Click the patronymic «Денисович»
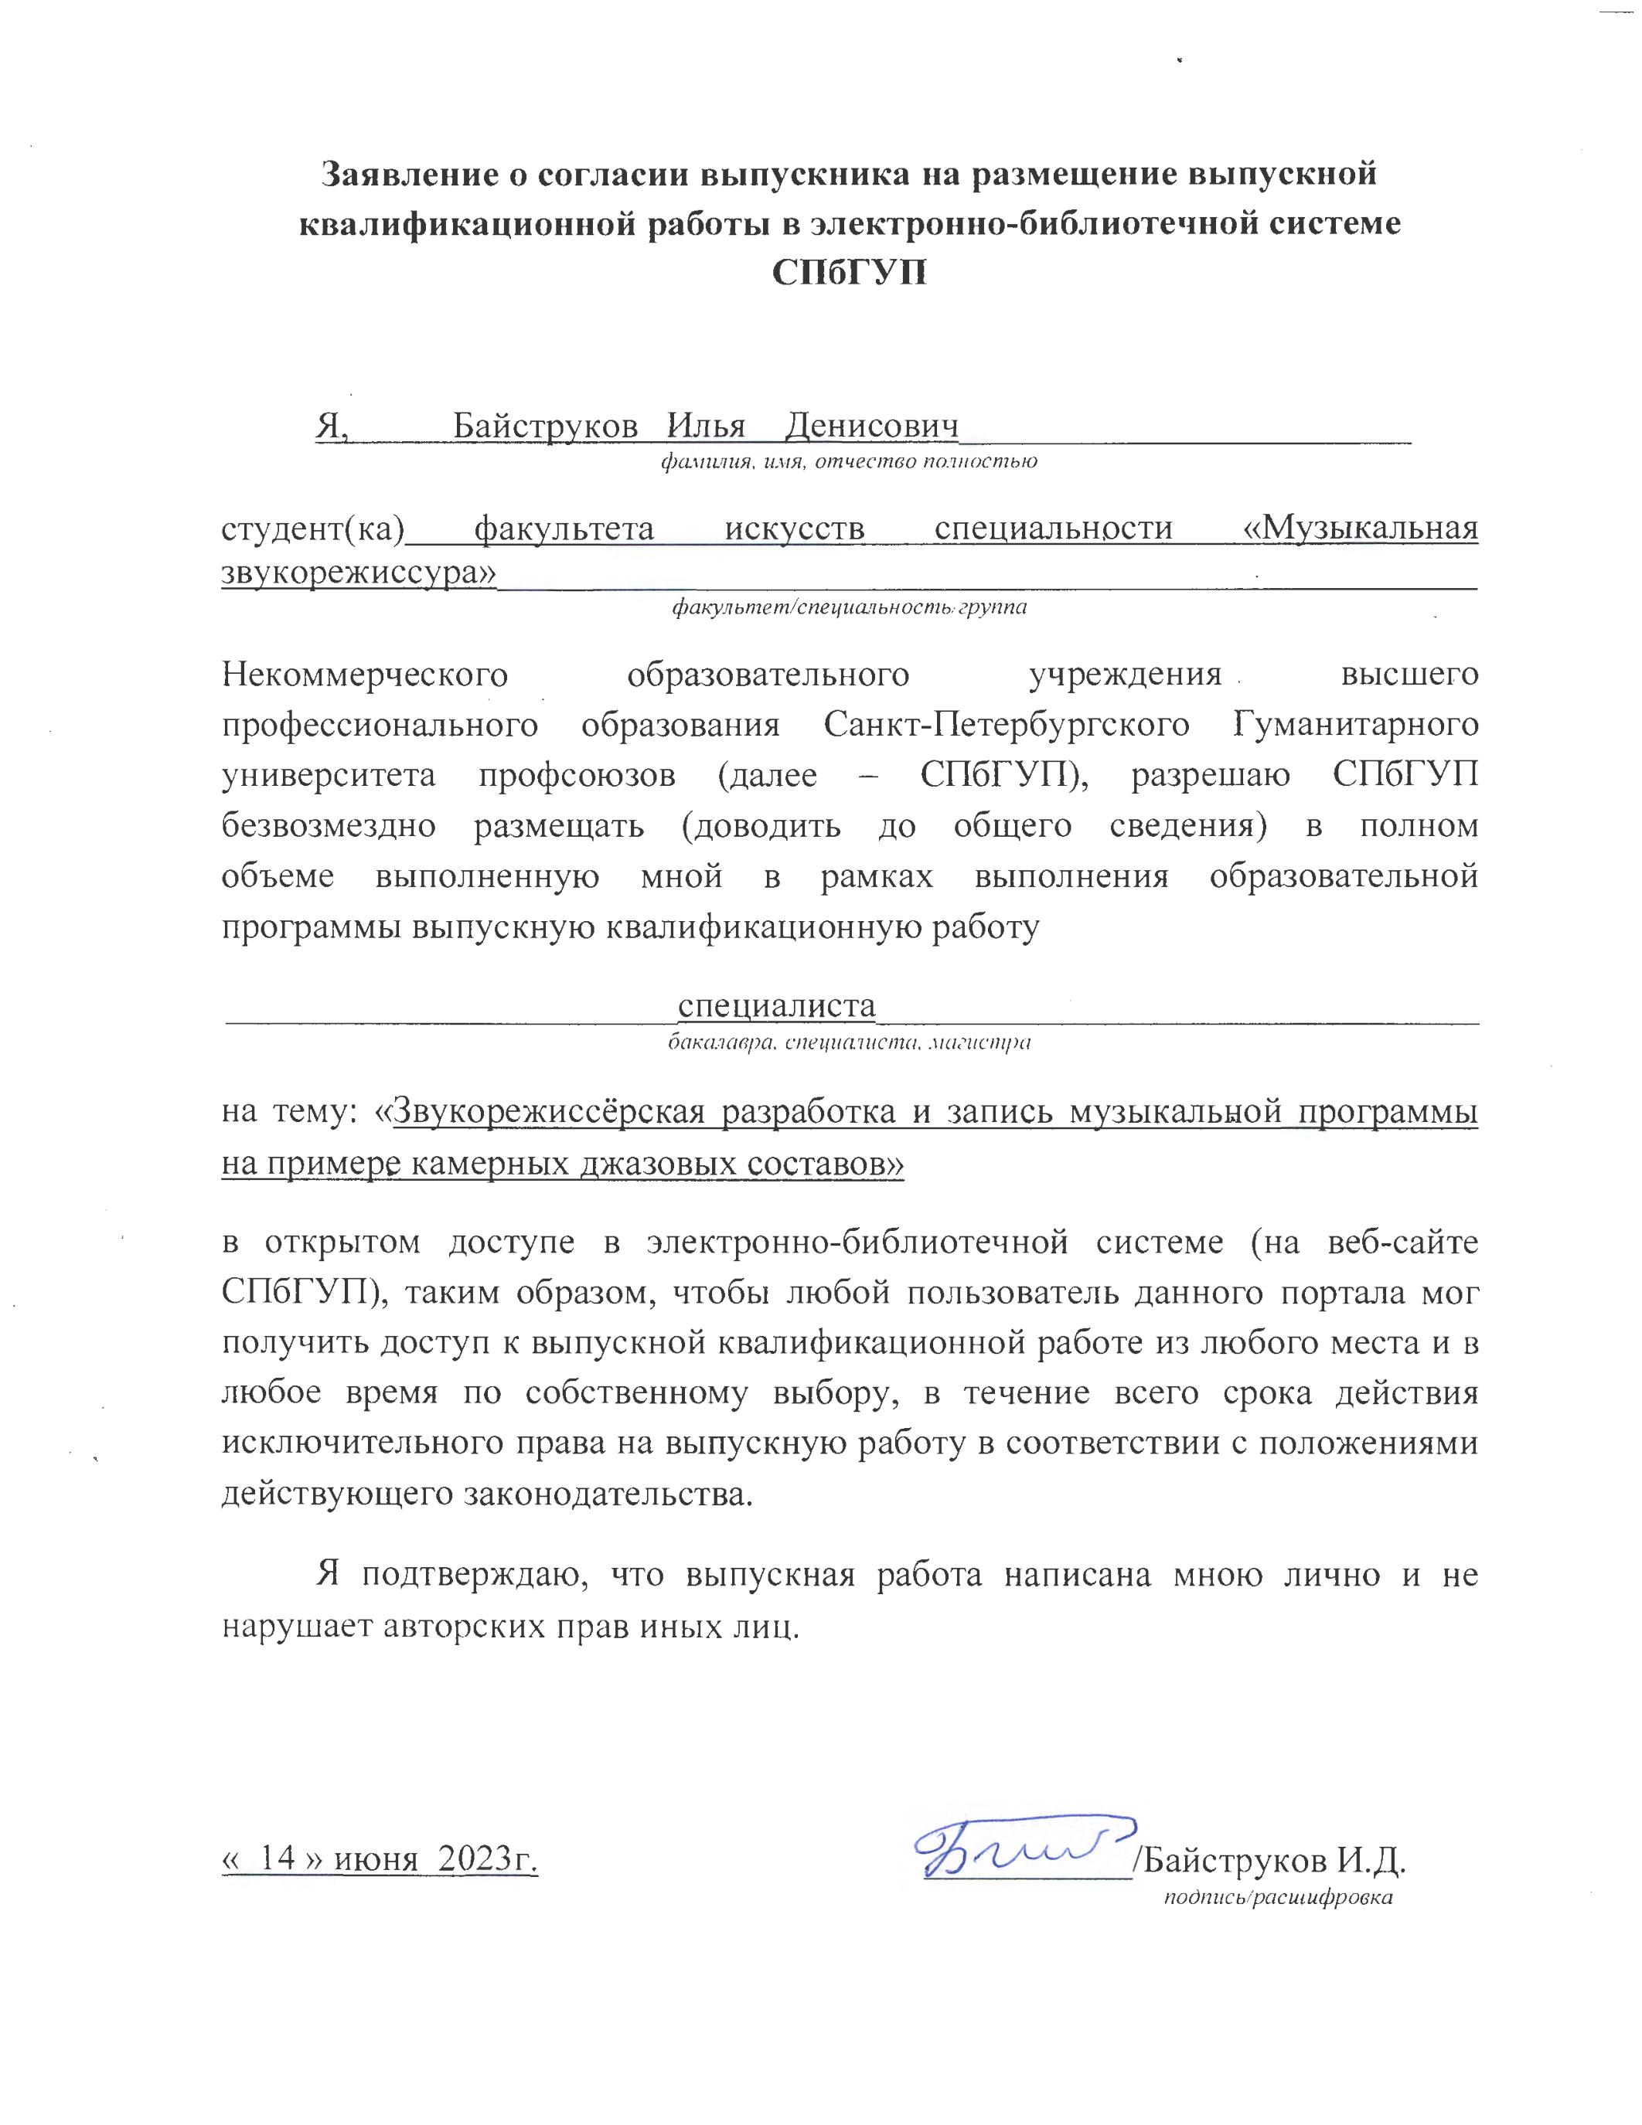tap(872, 425)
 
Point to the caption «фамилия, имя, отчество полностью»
tap(849, 461)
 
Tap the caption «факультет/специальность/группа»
tap(849, 608)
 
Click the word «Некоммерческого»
tap(365, 675)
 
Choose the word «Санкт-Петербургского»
tap(1007, 725)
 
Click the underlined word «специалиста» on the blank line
tap(777, 1005)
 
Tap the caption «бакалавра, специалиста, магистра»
tap(849, 1044)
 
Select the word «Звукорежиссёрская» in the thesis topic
tap(548, 1112)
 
